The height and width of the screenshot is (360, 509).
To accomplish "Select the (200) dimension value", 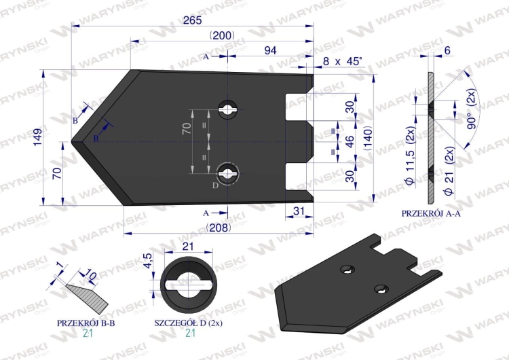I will (222, 35).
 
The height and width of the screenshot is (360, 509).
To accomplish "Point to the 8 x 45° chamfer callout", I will (343, 61).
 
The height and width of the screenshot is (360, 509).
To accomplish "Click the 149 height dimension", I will (37, 136).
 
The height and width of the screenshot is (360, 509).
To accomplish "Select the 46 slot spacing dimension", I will (350, 142).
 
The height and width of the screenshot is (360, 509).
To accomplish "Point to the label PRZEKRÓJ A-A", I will (431, 213).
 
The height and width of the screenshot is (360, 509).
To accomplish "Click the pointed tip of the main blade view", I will (73, 137).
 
